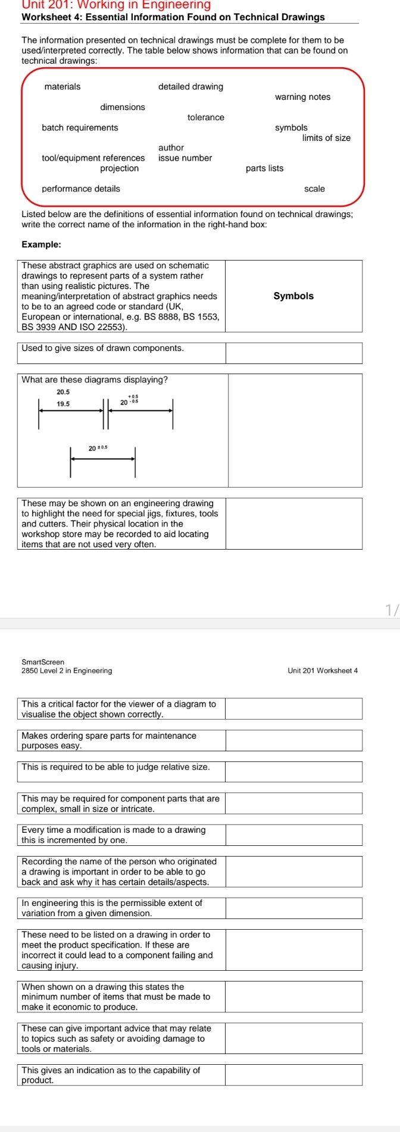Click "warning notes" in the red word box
coord(302,97)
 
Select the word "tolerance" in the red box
coord(206,118)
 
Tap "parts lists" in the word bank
coord(264,168)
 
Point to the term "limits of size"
coord(326,138)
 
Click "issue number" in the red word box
coord(185,158)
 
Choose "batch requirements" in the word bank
coord(80,128)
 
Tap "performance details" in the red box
coord(81,189)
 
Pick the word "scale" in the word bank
coord(314,189)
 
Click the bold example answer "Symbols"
coord(293,296)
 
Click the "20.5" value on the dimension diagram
coord(63,392)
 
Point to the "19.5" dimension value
coord(63,404)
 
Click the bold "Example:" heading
coord(41,244)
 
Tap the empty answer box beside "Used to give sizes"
coord(293,353)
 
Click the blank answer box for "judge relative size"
coord(293,772)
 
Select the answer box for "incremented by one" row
coord(293,835)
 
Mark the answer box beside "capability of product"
coord(293,1074)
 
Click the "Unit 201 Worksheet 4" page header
coord(322,671)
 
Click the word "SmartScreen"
coord(43,662)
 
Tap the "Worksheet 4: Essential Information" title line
coord(173,17)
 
